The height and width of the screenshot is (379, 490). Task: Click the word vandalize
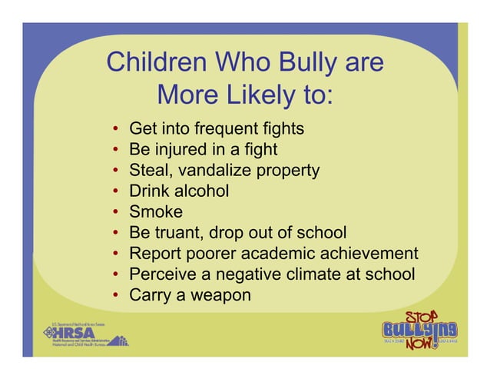pyautogui.click(x=217, y=169)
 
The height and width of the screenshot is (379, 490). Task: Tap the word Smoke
pyautogui.click(x=156, y=211)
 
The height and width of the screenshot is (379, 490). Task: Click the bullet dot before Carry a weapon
pyautogui.click(x=114, y=295)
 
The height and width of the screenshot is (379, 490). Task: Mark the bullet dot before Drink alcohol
pyautogui.click(x=114, y=191)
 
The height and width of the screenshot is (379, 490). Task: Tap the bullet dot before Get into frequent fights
pyautogui.click(x=114, y=128)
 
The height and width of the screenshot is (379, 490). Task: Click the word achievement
pyautogui.click(x=372, y=253)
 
